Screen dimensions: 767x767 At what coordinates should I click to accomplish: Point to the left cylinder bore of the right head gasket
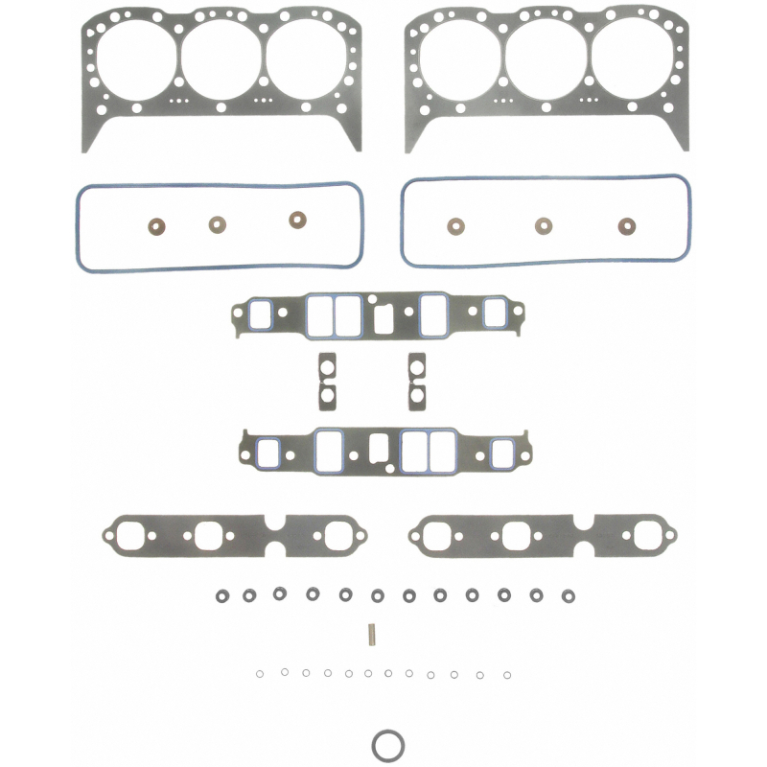[x=467, y=60]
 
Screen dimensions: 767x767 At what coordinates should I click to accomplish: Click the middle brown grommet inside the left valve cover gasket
[x=218, y=224]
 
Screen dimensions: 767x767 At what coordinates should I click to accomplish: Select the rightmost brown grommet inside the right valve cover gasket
[x=627, y=227]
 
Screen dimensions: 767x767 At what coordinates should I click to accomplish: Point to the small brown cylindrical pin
[x=368, y=634]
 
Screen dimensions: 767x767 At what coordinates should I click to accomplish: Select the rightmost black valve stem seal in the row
[x=568, y=595]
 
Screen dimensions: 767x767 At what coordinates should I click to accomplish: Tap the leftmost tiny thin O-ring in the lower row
[x=262, y=674]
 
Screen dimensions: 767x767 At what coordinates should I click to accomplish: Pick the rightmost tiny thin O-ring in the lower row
[x=506, y=673]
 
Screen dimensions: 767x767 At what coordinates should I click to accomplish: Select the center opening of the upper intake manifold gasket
[x=381, y=317]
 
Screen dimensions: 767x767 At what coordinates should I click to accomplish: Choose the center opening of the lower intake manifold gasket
[x=379, y=449]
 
